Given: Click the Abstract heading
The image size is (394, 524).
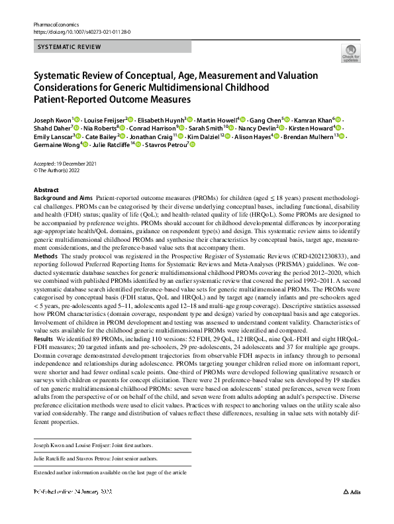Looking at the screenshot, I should [x=46, y=189].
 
